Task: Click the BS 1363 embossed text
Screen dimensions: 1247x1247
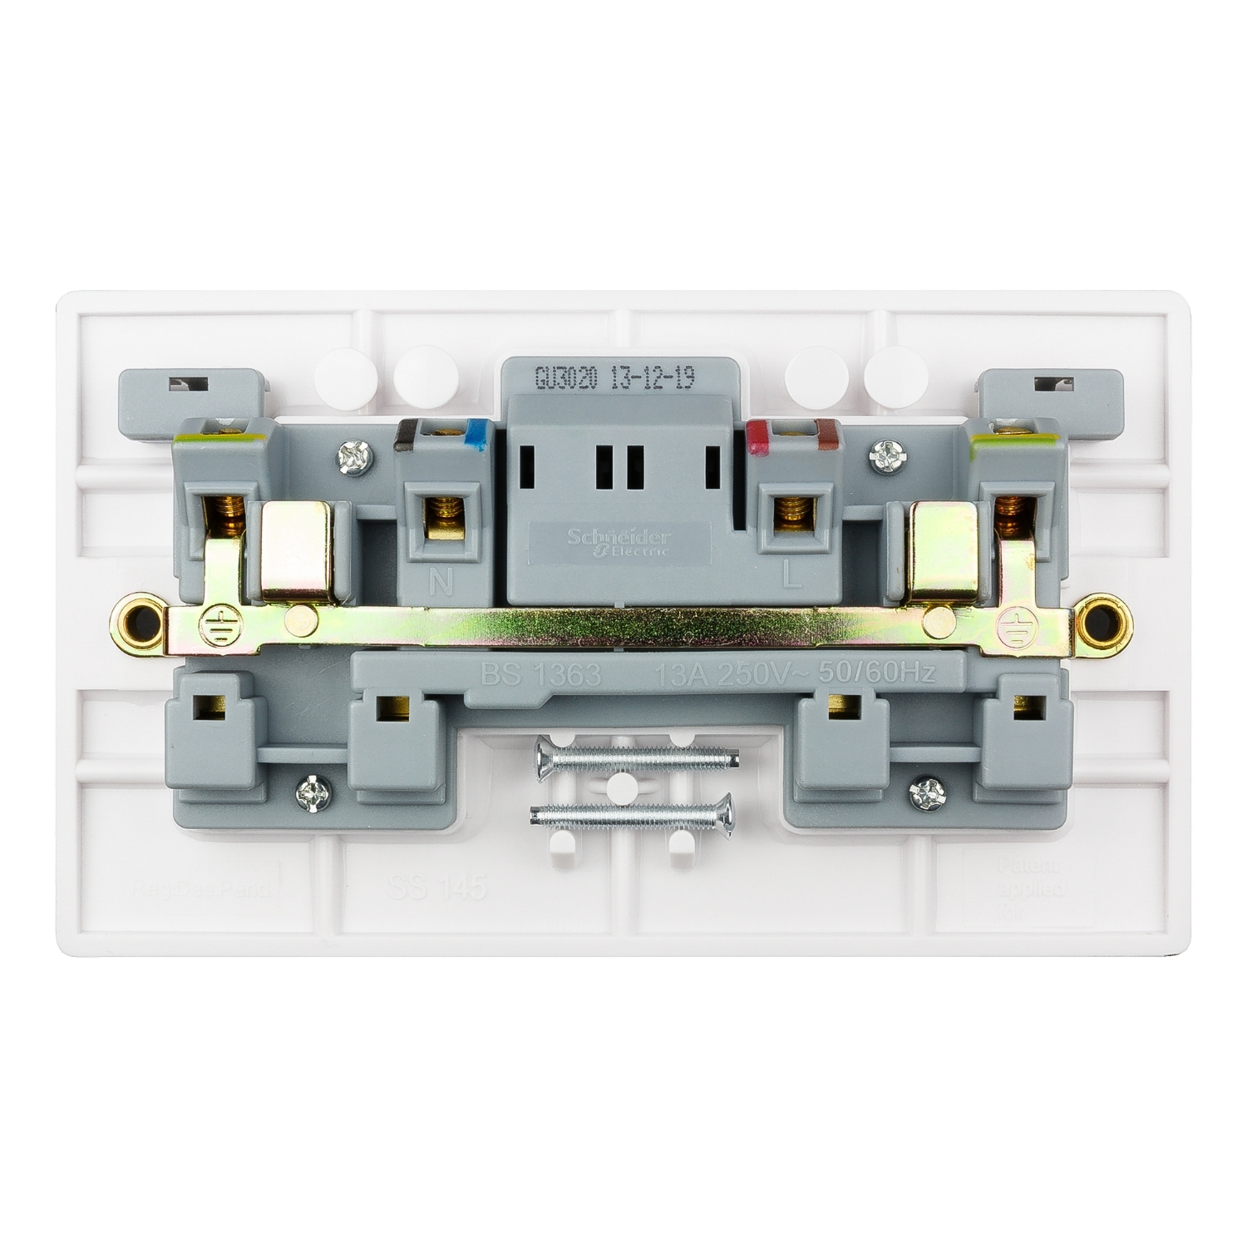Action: (540, 674)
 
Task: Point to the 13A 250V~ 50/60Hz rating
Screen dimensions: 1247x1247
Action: (795, 674)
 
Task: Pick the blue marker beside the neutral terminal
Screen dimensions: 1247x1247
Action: (476, 433)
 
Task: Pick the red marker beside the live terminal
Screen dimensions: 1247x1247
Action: (758, 432)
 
